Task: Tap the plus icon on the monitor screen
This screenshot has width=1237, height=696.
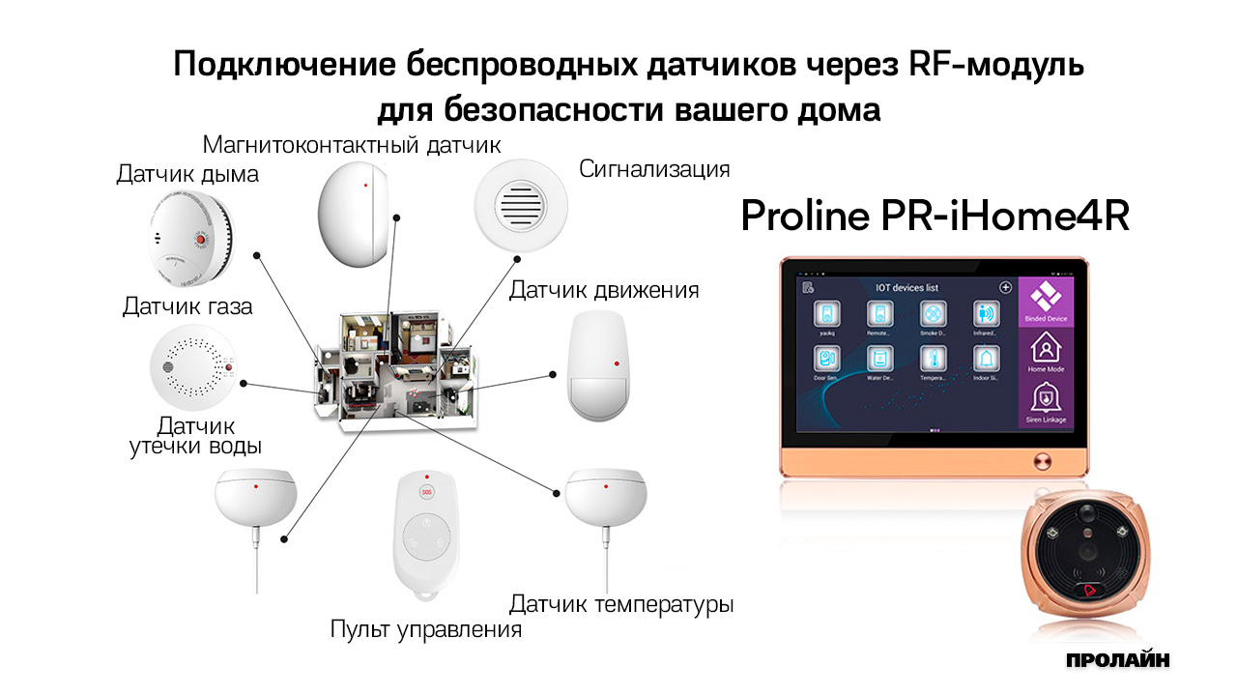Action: [x=1005, y=288]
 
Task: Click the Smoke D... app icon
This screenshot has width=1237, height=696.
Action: [x=933, y=316]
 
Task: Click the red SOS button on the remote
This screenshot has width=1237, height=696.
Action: [x=424, y=491]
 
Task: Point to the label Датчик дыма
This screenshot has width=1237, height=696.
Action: [x=187, y=175]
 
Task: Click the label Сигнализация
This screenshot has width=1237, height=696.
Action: [x=654, y=169]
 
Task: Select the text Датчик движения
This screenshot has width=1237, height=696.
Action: [x=604, y=290]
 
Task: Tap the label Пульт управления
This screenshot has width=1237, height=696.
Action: [x=425, y=630]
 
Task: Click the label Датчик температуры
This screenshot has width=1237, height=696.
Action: [x=621, y=605]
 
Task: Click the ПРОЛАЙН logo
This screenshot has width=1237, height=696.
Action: [x=1118, y=660]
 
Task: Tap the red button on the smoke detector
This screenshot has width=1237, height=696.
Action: [x=201, y=239]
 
